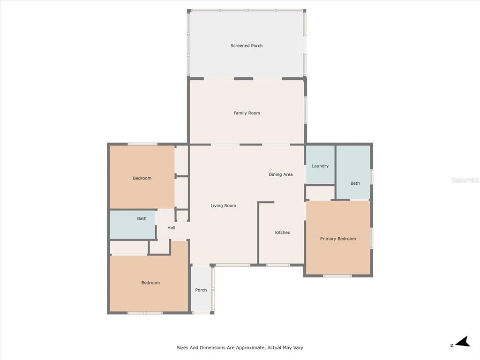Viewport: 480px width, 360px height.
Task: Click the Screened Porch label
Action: click(247, 45)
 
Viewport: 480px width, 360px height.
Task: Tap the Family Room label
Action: click(247, 113)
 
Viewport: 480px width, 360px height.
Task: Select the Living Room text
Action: click(224, 206)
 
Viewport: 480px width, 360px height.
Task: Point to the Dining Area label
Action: click(281, 174)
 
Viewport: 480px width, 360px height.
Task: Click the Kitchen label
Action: click(283, 232)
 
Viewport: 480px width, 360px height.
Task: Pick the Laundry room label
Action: click(320, 166)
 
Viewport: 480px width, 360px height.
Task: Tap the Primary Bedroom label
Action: click(338, 239)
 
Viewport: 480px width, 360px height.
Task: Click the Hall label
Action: click(172, 228)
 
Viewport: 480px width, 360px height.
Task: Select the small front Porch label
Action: click(201, 290)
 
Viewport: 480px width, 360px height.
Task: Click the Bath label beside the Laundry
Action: click(355, 183)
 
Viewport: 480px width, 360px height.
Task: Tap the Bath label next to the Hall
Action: click(142, 218)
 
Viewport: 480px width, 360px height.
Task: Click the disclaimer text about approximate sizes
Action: click(240, 347)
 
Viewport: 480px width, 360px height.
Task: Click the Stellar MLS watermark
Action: click(465, 180)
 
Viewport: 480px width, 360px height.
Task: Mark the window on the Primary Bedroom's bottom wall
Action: click(337, 276)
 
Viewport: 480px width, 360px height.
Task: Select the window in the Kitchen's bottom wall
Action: click(278, 265)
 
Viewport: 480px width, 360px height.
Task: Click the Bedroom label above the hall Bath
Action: click(142, 178)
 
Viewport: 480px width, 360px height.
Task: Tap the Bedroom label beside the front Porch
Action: click(150, 283)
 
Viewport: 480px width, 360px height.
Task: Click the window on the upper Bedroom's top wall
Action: click(142, 144)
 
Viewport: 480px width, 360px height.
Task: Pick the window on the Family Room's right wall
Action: click(305, 111)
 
